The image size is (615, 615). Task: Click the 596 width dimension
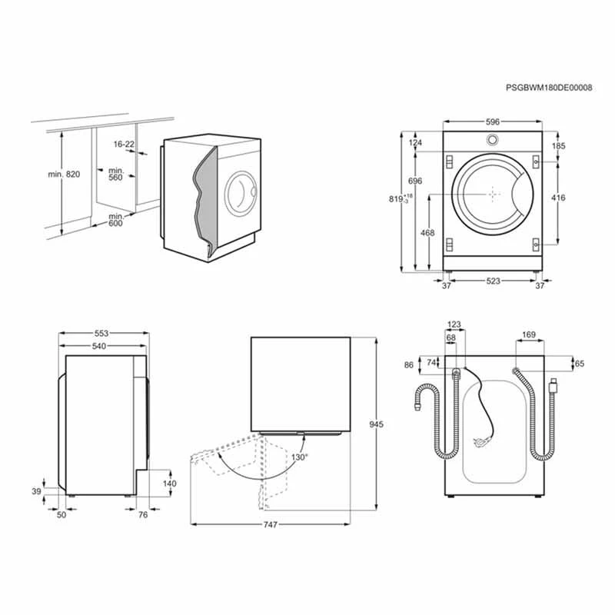click(493, 122)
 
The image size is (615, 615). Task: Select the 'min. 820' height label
click(64, 175)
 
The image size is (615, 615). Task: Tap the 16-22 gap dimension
click(124, 145)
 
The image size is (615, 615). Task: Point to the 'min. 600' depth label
click(116, 220)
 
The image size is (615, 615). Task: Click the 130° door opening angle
click(299, 457)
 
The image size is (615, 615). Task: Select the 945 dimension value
click(377, 424)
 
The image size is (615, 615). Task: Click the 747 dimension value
click(271, 524)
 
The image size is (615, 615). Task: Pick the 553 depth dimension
click(101, 334)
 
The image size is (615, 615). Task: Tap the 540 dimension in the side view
click(99, 346)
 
